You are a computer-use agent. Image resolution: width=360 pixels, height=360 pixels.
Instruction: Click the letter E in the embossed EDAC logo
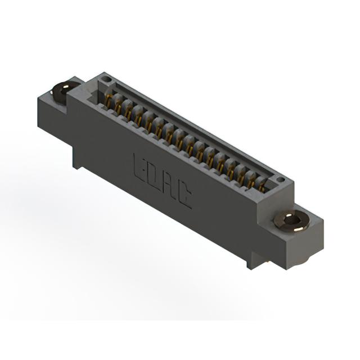tap(139, 168)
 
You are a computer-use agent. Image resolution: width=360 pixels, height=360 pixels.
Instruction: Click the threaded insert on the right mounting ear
tap(291, 221)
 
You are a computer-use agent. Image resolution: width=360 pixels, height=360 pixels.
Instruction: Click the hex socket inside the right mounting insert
tap(291, 221)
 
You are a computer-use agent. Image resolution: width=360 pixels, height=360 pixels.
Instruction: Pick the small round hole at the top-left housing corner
tap(106, 79)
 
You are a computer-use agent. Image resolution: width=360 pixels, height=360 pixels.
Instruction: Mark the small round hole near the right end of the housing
tap(280, 179)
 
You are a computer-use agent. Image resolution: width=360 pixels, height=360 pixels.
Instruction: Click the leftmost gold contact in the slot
tap(109, 101)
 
